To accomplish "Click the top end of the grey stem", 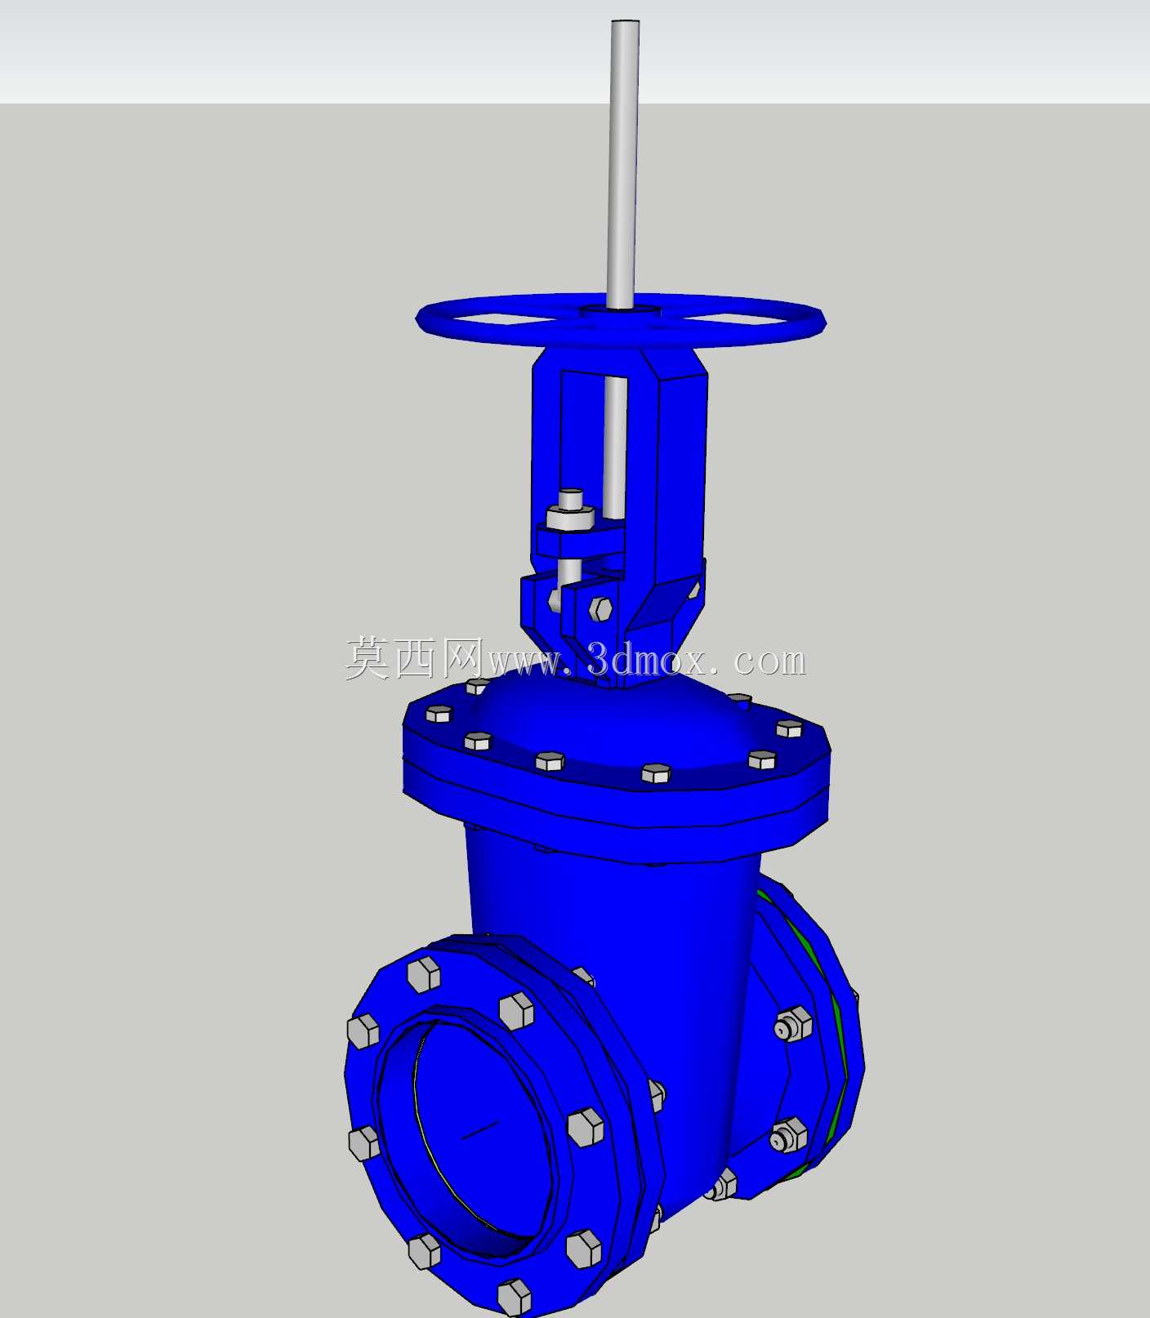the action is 624,22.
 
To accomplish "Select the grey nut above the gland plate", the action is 570,518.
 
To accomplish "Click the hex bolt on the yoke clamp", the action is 601,608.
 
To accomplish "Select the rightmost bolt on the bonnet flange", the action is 790,728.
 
